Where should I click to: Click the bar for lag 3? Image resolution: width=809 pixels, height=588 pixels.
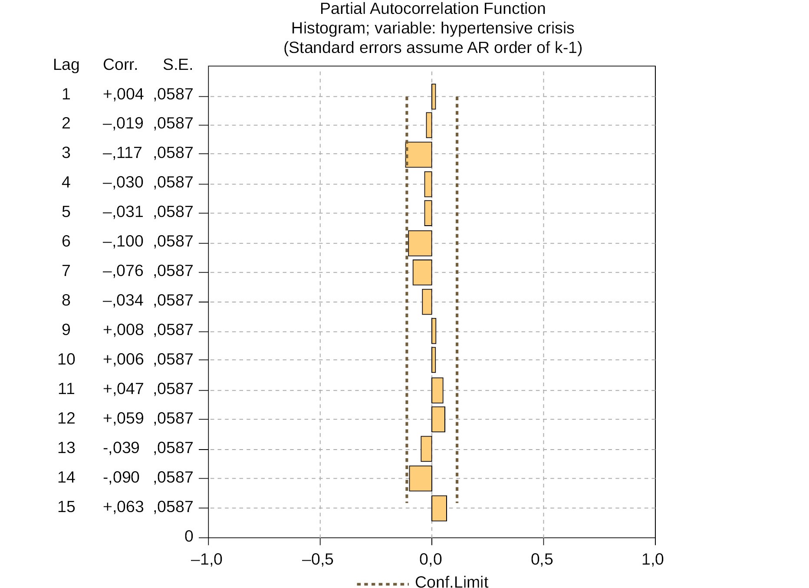[x=418, y=154]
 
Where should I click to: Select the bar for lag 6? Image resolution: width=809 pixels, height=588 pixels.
[x=420, y=243]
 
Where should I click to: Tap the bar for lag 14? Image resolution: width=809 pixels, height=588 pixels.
[x=420, y=478]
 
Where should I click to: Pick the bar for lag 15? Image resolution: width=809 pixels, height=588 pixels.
[x=439, y=508]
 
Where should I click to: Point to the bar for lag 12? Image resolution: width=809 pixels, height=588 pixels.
[x=438, y=419]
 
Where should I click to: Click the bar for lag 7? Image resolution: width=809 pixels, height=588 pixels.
[x=422, y=273]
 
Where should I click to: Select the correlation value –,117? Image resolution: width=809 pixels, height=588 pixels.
[x=122, y=153]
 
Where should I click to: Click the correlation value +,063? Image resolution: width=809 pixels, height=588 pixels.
[x=123, y=507]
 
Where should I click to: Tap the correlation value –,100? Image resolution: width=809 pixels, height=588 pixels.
[x=123, y=241]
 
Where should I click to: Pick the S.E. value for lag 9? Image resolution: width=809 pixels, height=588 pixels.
[x=173, y=330]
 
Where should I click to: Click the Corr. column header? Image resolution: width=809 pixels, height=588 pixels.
[x=120, y=65]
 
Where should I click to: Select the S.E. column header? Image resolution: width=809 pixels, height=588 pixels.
[x=178, y=65]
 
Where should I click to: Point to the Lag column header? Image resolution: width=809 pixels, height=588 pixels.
[x=66, y=65]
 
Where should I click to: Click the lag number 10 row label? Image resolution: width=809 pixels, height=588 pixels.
[x=66, y=359]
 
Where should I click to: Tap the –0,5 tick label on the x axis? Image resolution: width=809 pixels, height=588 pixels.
[x=318, y=560]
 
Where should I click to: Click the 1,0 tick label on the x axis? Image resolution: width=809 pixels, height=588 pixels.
[x=652, y=560]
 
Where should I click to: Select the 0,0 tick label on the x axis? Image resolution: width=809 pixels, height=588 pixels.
[x=431, y=560]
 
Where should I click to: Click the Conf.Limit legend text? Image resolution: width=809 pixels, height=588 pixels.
[x=451, y=581]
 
